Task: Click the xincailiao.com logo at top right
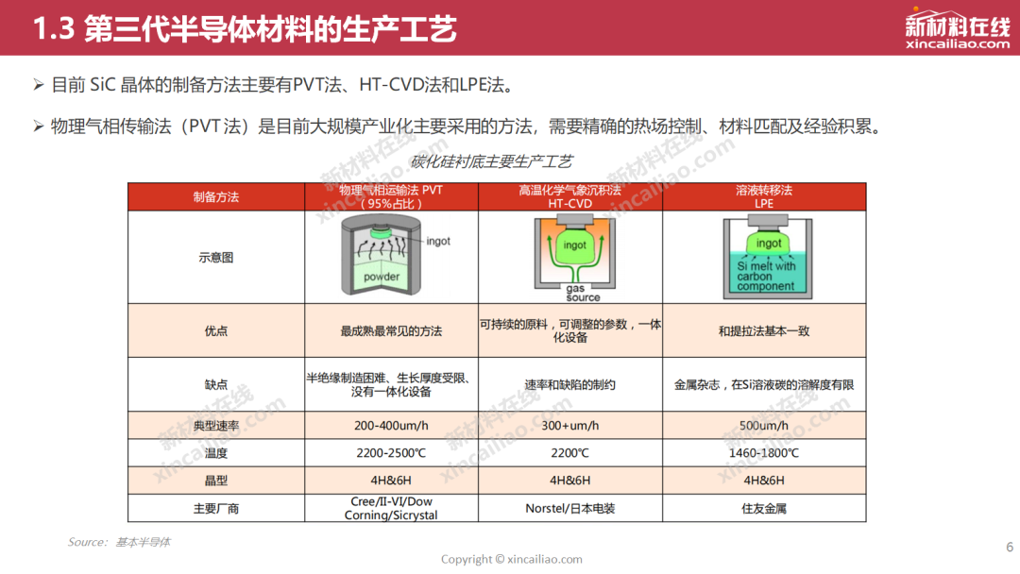point(957,29)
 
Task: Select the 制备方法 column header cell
point(216,197)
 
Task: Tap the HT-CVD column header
point(569,197)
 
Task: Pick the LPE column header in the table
point(764,197)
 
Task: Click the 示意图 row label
point(216,258)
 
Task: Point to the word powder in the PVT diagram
point(382,277)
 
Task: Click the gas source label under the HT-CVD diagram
point(583,293)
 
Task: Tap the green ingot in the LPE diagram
point(768,243)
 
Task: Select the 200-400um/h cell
point(391,426)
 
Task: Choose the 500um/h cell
point(764,426)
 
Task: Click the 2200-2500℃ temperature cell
point(391,453)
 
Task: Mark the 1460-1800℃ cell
point(764,453)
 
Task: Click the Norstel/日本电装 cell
point(569,508)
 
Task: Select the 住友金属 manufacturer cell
point(764,508)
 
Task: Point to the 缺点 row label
point(216,385)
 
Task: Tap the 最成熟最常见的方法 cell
point(391,330)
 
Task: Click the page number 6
point(1010,547)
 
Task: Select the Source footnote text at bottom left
point(119,542)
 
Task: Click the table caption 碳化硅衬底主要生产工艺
point(491,161)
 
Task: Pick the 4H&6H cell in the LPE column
point(764,481)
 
